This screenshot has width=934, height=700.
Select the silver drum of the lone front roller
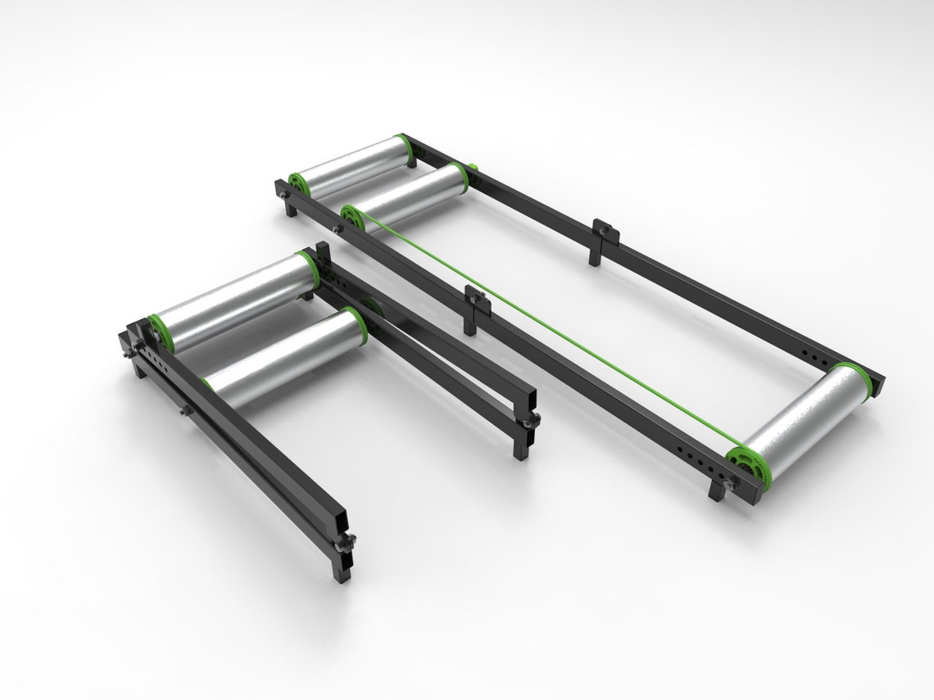(x=807, y=418)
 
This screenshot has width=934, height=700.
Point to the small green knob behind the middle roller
(x=473, y=170)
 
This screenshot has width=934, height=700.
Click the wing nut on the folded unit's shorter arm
(x=533, y=420)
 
